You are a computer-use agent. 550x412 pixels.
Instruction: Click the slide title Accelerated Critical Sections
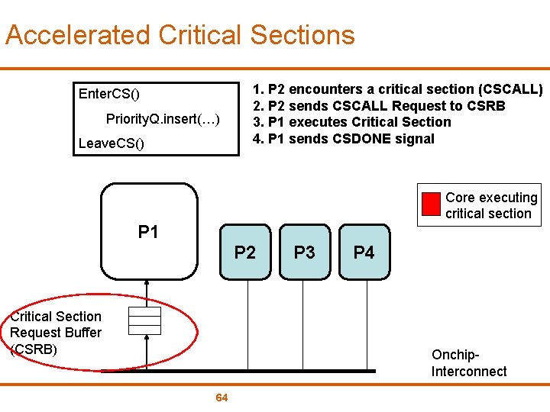click(180, 35)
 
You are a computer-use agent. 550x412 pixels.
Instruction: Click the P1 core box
click(149, 232)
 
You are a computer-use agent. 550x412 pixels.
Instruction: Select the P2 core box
click(244, 252)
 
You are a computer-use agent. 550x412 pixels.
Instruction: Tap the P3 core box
click(304, 252)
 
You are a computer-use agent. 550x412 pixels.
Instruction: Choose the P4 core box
click(364, 252)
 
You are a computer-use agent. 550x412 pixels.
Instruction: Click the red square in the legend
click(432, 204)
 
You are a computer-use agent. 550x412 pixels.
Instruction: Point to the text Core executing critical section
click(491, 206)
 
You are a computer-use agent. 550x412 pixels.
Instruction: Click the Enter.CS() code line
click(109, 94)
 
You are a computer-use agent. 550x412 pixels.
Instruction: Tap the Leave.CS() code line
click(111, 143)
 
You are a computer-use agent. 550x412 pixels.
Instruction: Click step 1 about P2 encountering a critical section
click(397, 89)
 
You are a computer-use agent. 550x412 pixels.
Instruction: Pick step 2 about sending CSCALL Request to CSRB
click(379, 105)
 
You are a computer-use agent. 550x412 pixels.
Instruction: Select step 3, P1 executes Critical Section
click(351, 122)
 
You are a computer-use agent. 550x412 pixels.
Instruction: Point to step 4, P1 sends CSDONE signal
click(343, 139)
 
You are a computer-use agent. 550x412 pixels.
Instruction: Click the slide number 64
click(222, 398)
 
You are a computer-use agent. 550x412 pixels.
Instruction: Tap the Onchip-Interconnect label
click(468, 363)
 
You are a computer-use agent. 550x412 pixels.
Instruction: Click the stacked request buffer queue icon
click(144, 320)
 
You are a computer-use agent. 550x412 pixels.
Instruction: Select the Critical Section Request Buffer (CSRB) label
click(55, 333)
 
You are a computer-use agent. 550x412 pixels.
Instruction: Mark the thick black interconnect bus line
click(260, 371)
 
